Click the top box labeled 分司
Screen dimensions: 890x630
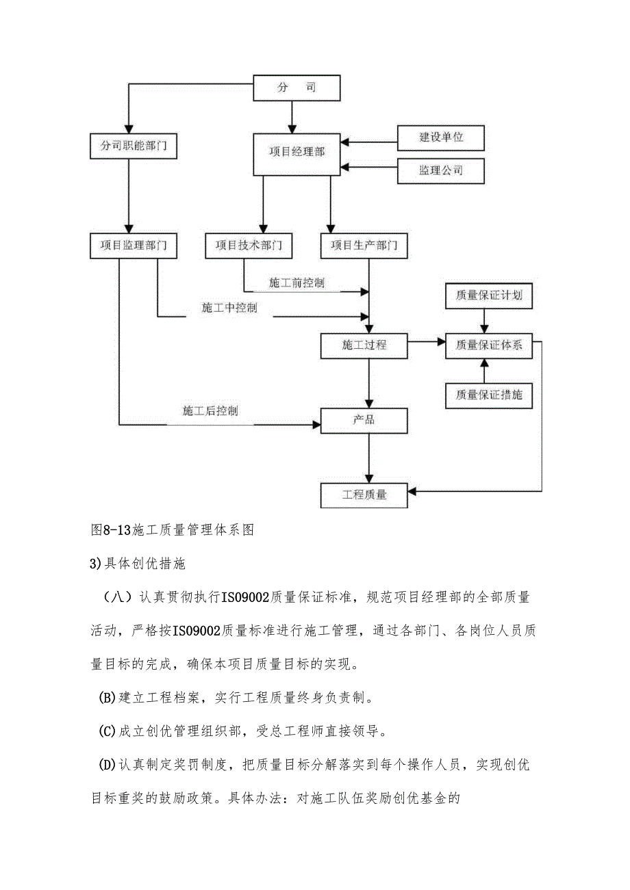297,88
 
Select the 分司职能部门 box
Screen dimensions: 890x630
133,146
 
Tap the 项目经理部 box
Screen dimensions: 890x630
297,151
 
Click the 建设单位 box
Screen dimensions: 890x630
441,138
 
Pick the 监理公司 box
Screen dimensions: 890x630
441,170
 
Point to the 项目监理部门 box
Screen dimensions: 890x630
133,246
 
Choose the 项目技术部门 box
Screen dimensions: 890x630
249,246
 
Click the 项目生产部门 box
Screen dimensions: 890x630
364,246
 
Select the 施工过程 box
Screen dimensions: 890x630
364,345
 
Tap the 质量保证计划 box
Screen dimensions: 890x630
489,296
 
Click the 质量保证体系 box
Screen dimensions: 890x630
489,345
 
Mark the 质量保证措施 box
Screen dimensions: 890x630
489,395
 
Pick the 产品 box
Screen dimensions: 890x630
364,420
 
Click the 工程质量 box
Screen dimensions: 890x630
364,495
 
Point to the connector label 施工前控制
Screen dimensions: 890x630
297,283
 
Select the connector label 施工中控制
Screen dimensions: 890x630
229,308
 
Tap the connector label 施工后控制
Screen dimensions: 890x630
210,411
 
